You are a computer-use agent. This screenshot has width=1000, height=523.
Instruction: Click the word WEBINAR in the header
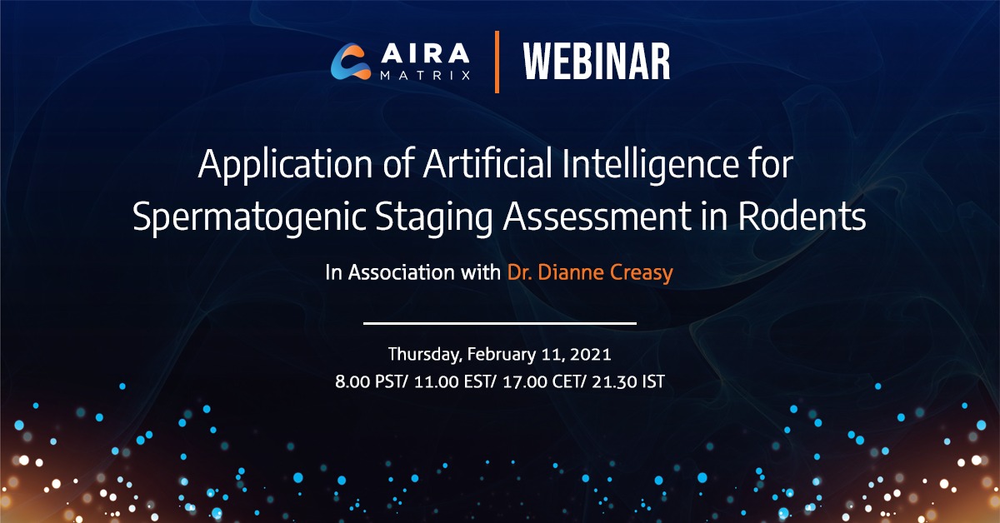click(x=597, y=62)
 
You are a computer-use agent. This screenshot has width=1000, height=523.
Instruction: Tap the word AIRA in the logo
click(x=422, y=54)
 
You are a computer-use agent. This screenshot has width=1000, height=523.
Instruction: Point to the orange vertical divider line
click(x=497, y=62)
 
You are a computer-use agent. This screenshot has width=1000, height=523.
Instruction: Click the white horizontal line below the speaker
click(x=500, y=322)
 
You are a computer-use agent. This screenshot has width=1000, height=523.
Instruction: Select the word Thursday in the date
click(x=423, y=355)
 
